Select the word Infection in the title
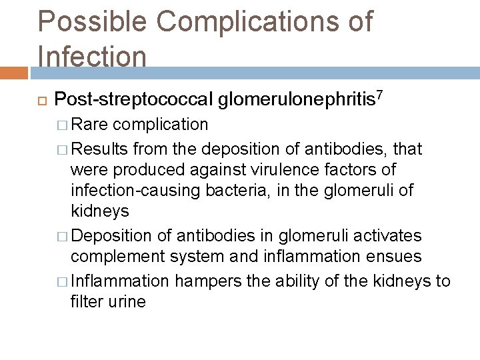point(92,55)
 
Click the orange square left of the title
point(13,72)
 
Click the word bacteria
point(233,191)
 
